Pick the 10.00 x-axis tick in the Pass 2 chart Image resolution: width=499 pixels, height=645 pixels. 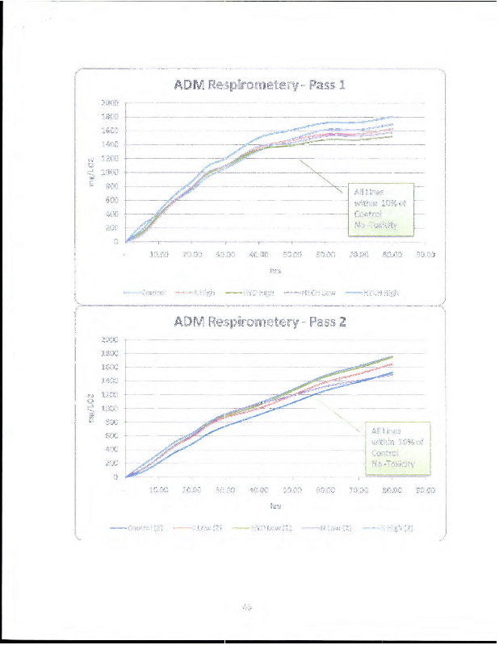click(159, 489)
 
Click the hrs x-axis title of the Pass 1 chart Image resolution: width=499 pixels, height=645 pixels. click(275, 271)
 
